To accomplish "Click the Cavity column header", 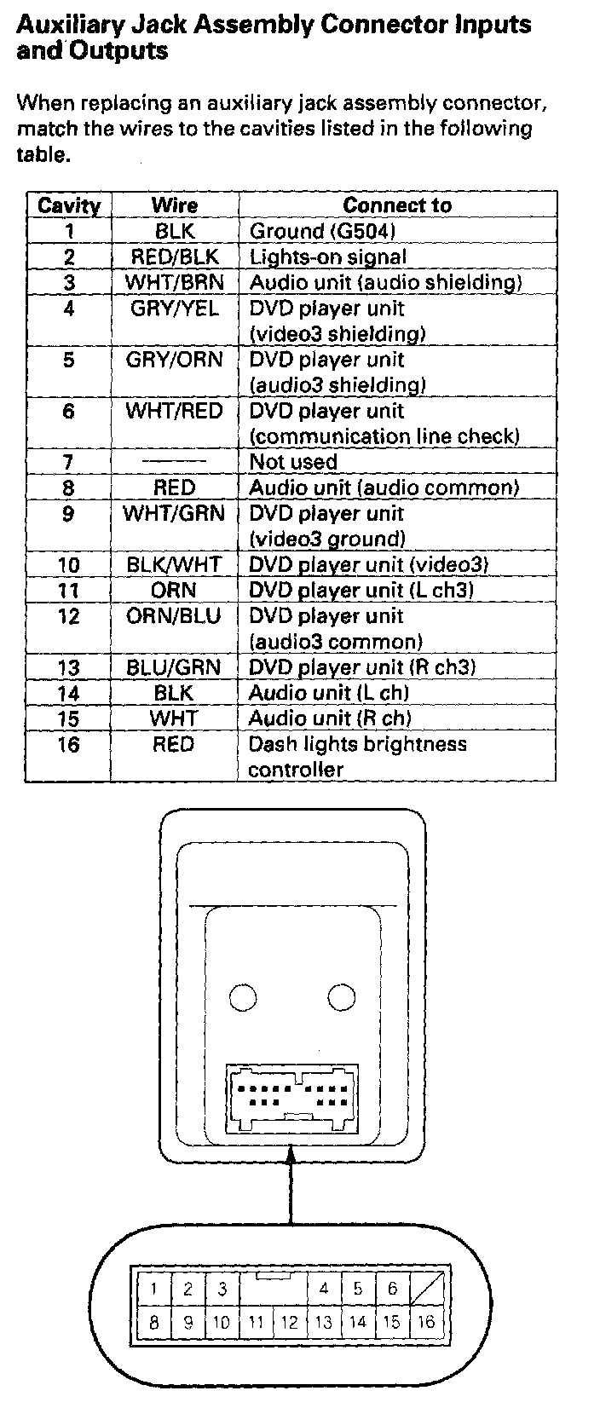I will [x=68, y=205].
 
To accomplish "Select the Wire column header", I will [x=175, y=205].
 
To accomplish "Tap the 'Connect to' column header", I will [x=397, y=205].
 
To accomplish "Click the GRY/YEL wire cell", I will [x=175, y=309].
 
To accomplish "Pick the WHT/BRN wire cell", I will [x=175, y=282].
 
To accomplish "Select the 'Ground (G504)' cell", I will [x=322, y=231].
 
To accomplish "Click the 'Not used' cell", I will [x=293, y=463].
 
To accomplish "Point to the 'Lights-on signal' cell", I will [x=328, y=257].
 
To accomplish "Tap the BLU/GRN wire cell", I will [x=174, y=667].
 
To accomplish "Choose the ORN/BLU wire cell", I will [x=174, y=616].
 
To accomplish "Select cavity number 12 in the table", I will [x=68, y=616].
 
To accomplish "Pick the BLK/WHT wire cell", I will [x=174, y=565].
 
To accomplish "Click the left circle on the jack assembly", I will [x=243, y=997].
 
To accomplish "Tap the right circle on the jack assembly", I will [x=342, y=997].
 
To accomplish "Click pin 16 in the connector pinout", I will [x=426, y=1322].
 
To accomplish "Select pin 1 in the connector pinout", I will [x=153, y=1289].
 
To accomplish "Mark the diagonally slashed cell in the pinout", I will [x=426, y=1289].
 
